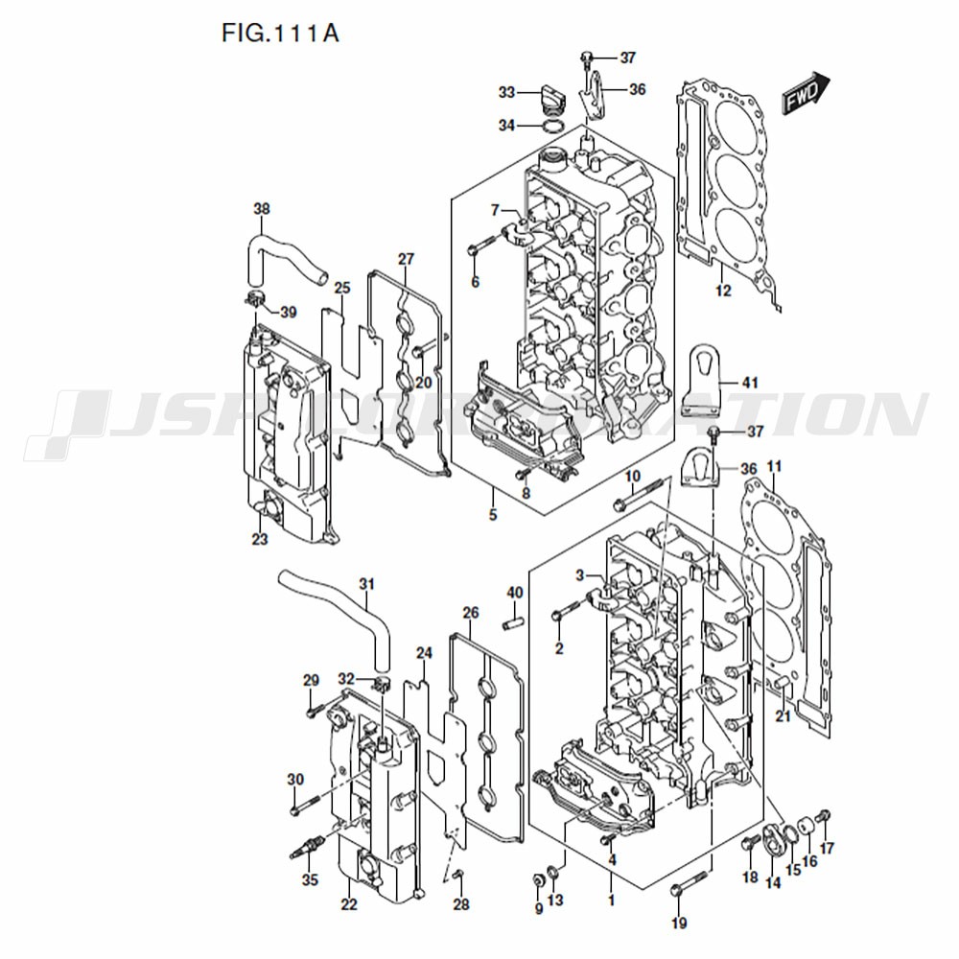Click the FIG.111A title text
pyautogui.click(x=280, y=34)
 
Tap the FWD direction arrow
pyautogui.click(x=805, y=93)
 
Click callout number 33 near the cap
pyautogui.click(x=506, y=92)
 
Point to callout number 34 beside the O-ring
pyautogui.click(x=506, y=126)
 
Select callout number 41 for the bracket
pyautogui.click(x=749, y=383)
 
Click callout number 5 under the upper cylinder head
pyautogui.click(x=493, y=515)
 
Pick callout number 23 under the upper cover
pyautogui.click(x=260, y=539)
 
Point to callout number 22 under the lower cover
pyautogui.click(x=348, y=904)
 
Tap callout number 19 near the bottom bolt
pyautogui.click(x=679, y=924)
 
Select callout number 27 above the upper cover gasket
pyautogui.click(x=406, y=259)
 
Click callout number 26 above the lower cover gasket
pyautogui.click(x=470, y=613)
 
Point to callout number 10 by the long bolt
pyautogui.click(x=632, y=477)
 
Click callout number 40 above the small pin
pyautogui.click(x=514, y=593)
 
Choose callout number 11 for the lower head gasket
pyautogui.click(x=775, y=467)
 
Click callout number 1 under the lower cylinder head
pyautogui.click(x=611, y=901)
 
